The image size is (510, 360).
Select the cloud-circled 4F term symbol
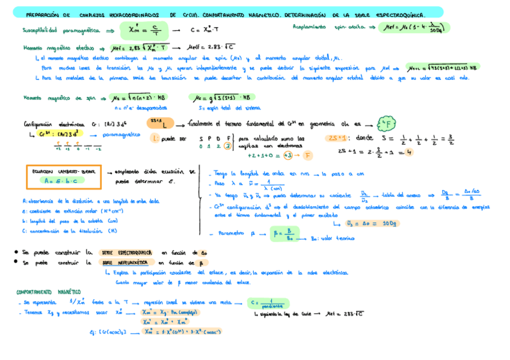tap(386, 124)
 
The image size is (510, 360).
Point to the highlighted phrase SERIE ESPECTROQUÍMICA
tap(126, 252)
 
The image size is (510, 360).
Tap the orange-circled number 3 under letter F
tap(227, 145)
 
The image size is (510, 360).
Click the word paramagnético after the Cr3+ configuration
tap(124, 135)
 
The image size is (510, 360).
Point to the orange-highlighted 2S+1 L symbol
tap(161, 123)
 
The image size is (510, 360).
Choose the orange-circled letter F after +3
tap(307, 155)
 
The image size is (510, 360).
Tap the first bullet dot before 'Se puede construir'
tap(14, 252)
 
